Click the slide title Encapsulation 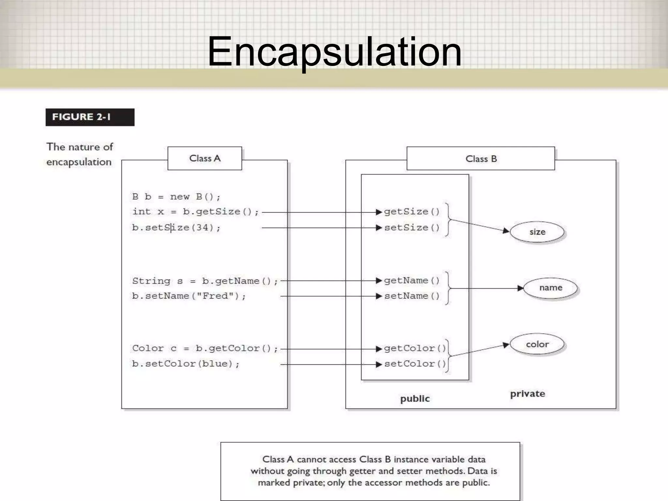pyautogui.click(x=334, y=52)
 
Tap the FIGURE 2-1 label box pyautogui.click(x=90, y=117)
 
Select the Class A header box pyautogui.click(x=205, y=159)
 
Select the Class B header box pyautogui.click(x=481, y=159)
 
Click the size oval pyautogui.click(x=537, y=232)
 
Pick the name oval pyautogui.click(x=551, y=288)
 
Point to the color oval pyautogui.click(x=537, y=344)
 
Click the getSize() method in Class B pyautogui.click(x=412, y=212)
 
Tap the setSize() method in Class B pyautogui.click(x=412, y=227)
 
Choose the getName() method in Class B pyautogui.click(x=412, y=281)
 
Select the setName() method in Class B pyautogui.click(x=412, y=296)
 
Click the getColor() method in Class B pyautogui.click(x=415, y=348)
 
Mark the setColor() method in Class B pyautogui.click(x=415, y=364)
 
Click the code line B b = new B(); pyautogui.click(x=176, y=197)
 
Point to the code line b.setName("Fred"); pyautogui.click(x=189, y=296)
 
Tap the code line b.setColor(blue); pyautogui.click(x=186, y=364)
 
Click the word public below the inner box pyautogui.click(x=415, y=399)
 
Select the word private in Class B pyautogui.click(x=527, y=394)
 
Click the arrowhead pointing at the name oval pyautogui.click(x=520, y=288)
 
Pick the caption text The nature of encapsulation pyautogui.click(x=80, y=154)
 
